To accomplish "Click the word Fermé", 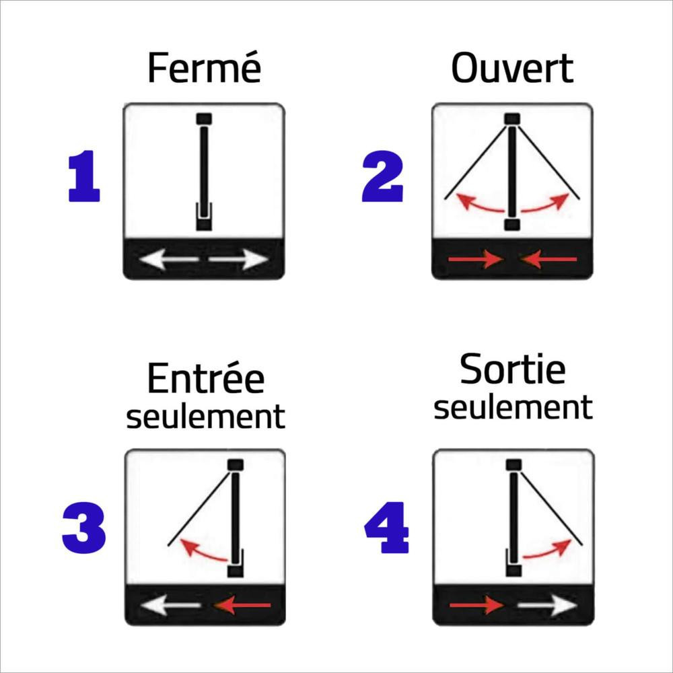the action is [205, 68].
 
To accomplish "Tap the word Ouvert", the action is [512, 68].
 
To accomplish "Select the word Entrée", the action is [205, 378].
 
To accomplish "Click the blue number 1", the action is [84, 176].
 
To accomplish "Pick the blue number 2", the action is [382, 176].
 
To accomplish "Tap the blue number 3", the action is [83, 528].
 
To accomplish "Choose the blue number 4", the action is [386, 528].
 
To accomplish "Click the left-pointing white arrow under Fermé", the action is [169, 259].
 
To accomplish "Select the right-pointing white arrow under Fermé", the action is [239, 259].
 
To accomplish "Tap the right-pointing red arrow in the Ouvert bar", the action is [476, 259].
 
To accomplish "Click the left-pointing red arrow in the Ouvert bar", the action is [548, 259].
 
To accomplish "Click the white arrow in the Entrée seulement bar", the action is [170, 605].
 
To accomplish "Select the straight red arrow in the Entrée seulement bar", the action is [242, 605].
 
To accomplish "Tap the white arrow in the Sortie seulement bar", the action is [547, 605].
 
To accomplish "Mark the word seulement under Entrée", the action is [205, 417].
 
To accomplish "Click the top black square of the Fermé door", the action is [204, 118].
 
